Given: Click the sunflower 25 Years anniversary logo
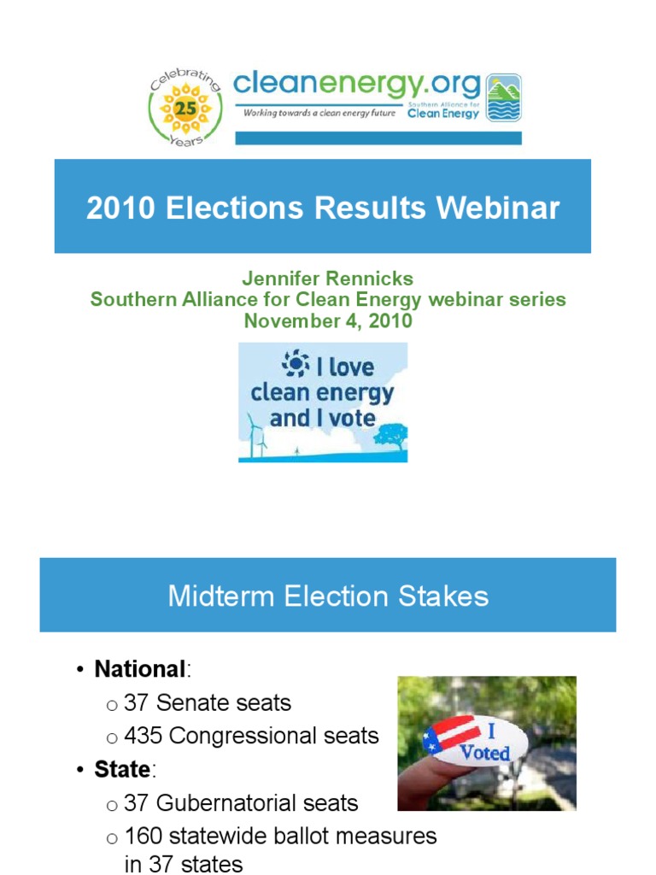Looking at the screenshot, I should coord(185,109).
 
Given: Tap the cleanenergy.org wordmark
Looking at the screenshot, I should coord(356,85).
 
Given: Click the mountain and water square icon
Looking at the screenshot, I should coord(503,98).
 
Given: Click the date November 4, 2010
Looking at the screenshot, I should coord(328,321).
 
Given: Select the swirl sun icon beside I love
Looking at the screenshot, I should coord(295,365).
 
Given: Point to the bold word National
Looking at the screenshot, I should coord(139,668).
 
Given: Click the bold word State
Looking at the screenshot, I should coord(122,769).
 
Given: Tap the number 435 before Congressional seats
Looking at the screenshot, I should coord(143,736).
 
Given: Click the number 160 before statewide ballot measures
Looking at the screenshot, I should coord(143,836).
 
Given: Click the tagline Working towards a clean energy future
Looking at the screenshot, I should coord(319,113).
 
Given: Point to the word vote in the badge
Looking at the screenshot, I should coord(353,419).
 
